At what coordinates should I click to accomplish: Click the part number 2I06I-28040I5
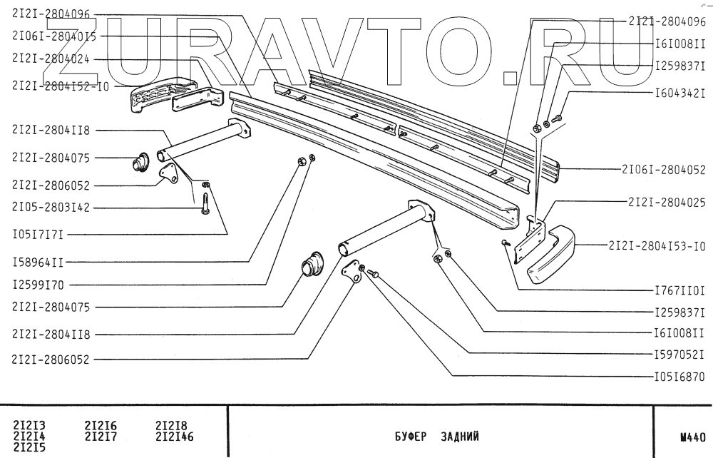[x=55, y=35]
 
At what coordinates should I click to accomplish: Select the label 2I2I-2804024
[x=51, y=60]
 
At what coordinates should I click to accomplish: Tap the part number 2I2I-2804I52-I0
[x=61, y=86]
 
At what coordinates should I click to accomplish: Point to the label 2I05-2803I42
[x=51, y=208]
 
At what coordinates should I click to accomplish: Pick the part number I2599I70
[x=38, y=285]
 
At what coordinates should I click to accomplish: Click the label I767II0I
[x=679, y=290]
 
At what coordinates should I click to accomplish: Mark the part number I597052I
[x=679, y=354]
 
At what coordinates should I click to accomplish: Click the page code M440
[x=692, y=434]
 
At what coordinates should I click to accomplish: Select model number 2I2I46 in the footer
[x=174, y=436]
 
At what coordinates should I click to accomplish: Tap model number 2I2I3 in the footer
[x=29, y=426]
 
